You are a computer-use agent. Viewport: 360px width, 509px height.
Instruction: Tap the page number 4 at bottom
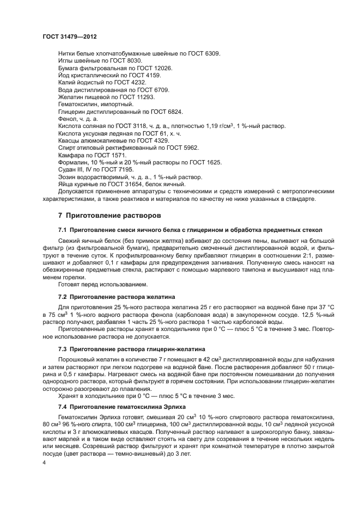pyautogui.click(x=45, y=462)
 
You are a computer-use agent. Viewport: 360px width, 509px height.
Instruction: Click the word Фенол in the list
pyautogui.click(x=68, y=119)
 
